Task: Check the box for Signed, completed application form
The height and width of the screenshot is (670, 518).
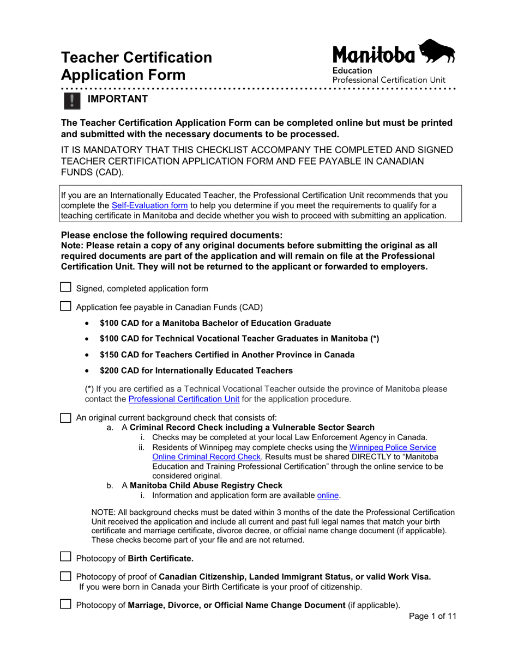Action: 65,288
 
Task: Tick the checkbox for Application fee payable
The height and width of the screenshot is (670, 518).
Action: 65,306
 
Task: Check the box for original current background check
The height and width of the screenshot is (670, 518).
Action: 65,418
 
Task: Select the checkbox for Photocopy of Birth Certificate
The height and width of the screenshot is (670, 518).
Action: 65,557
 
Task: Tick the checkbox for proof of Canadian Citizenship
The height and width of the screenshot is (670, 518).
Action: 65,577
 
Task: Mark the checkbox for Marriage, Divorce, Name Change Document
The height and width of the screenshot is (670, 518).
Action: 65,604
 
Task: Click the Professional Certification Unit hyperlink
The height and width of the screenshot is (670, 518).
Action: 183,400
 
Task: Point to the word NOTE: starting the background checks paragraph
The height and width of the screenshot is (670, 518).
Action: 102,512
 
